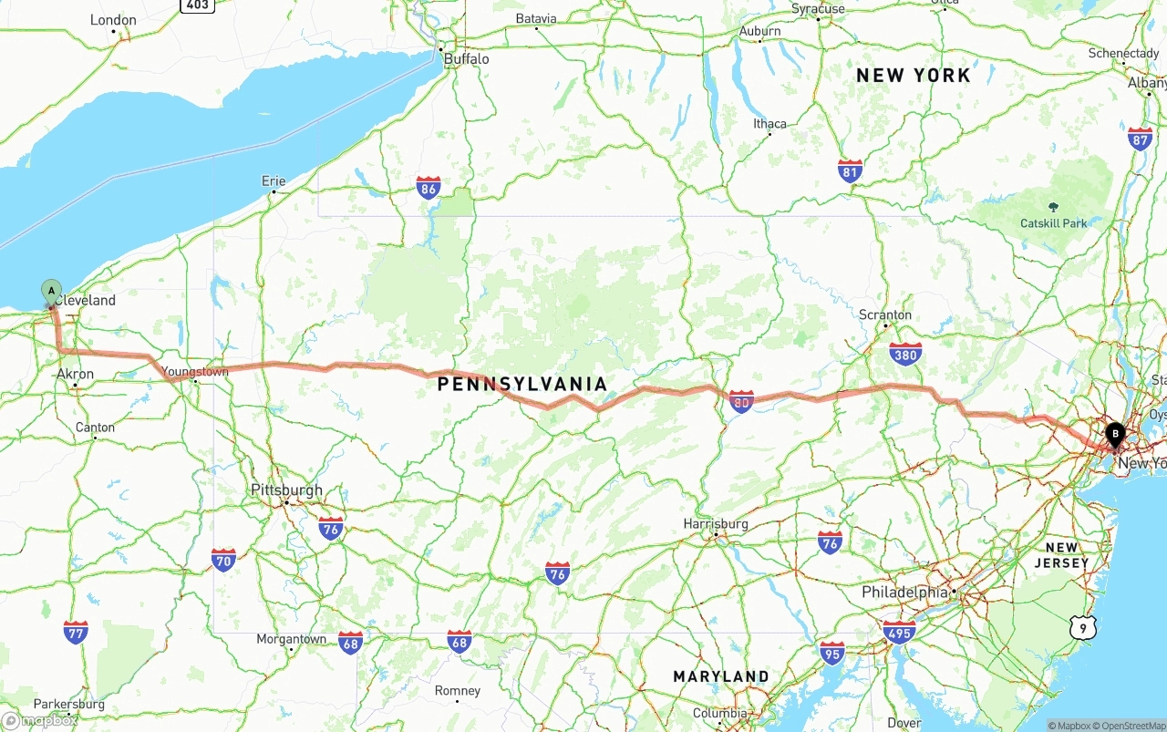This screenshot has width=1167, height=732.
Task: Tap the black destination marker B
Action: tap(1114, 435)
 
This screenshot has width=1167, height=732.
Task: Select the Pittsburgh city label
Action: tap(286, 490)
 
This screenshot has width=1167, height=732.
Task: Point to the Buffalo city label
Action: tap(466, 59)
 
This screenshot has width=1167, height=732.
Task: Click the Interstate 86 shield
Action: tap(429, 189)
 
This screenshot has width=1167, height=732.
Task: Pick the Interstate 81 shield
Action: tap(850, 170)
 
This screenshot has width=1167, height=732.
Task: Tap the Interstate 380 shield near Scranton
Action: tap(905, 354)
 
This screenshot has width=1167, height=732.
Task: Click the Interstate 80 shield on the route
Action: tap(741, 401)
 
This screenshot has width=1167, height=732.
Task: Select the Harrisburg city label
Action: tap(716, 523)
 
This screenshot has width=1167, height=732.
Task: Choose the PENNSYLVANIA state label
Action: tap(522, 384)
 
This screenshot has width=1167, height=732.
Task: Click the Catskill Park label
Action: tap(1054, 223)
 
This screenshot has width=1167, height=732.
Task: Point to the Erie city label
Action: tap(274, 181)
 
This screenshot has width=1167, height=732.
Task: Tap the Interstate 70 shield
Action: tap(223, 559)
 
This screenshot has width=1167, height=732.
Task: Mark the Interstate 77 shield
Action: tap(76, 632)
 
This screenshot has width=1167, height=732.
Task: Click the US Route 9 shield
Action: tap(1082, 626)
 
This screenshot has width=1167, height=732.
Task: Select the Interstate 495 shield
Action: tap(899, 632)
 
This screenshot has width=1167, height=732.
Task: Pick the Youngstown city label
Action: tap(197, 371)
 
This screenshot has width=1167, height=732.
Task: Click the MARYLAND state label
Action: tap(720, 676)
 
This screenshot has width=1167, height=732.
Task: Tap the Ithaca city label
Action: tap(769, 124)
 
